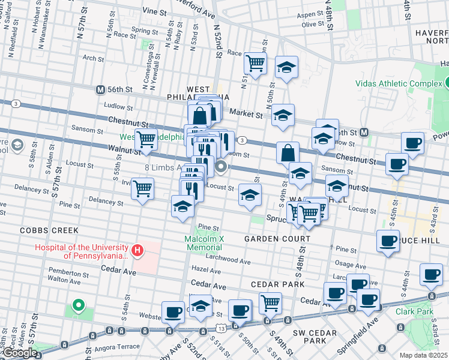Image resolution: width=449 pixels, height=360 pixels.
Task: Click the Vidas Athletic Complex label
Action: pos(398,83)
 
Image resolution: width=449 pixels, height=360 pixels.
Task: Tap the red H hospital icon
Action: pos(137,250)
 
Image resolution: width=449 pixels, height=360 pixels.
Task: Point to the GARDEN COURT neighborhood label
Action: pos(277,239)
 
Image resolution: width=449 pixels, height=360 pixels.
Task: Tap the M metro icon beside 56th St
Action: pos(101,89)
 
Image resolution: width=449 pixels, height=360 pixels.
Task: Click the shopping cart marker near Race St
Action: pos(256,62)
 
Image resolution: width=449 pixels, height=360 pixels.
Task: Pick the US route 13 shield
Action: pos(222,329)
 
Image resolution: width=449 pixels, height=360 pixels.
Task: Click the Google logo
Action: pos(19,353)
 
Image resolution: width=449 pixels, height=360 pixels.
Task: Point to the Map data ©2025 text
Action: pos(423,355)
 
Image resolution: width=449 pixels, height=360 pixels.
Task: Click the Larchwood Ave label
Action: pos(230,261)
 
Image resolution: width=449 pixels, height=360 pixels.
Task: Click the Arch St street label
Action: pos(94,58)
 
